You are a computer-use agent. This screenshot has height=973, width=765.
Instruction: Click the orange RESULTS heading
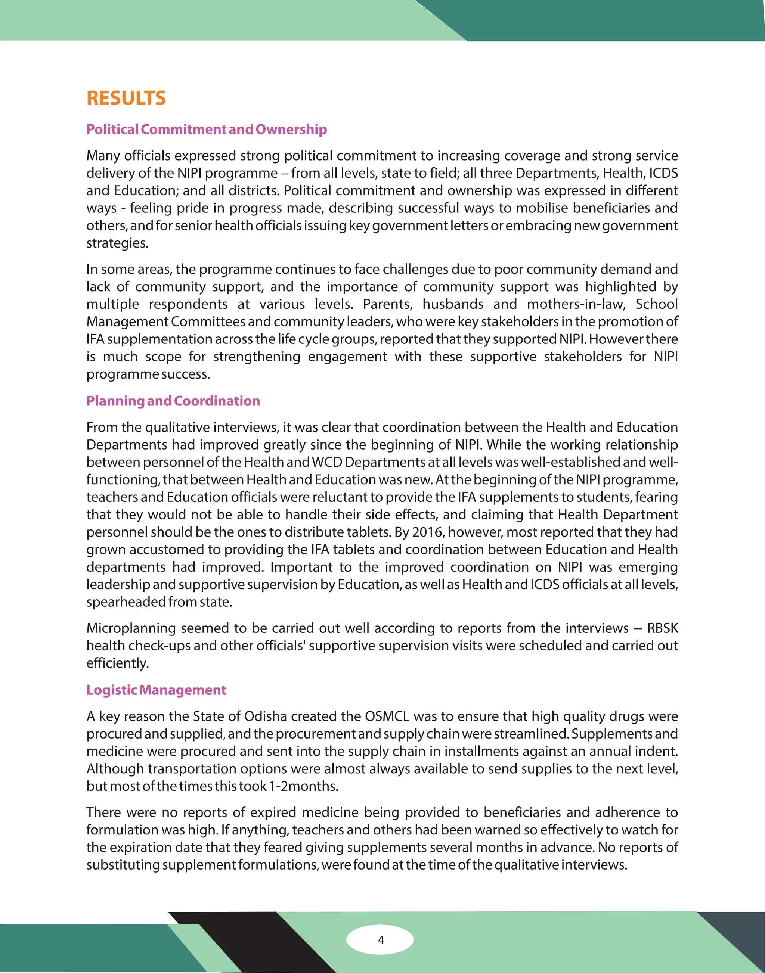pos(126,98)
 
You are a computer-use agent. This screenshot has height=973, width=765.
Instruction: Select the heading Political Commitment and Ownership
pos(207,130)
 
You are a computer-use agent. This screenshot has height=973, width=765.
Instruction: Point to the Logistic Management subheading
pos(156,690)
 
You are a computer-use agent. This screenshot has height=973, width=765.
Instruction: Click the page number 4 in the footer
pos(381,939)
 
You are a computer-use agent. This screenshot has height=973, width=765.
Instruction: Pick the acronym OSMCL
pos(387,716)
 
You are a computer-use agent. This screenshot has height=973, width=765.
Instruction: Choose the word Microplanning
pos(131,628)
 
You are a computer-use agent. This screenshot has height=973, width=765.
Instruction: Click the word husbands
pos(453,304)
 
